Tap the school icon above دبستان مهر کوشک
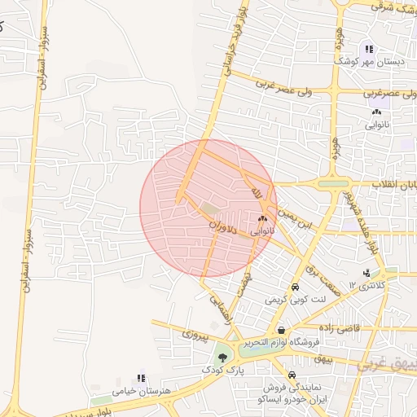[x=369, y=49]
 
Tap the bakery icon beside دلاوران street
[x=262, y=219]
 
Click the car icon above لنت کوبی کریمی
[x=293, y=288]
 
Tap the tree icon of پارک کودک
[x=222, y=357]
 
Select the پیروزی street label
[x=195, y=335]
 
